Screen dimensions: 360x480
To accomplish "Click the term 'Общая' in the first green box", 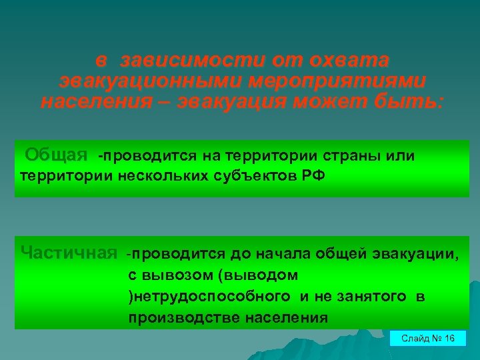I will click(x=57, y=155).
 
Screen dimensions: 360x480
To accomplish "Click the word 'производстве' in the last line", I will click(x=175, y=317).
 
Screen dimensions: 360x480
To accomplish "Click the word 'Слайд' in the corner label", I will click(x=415, y=339).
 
